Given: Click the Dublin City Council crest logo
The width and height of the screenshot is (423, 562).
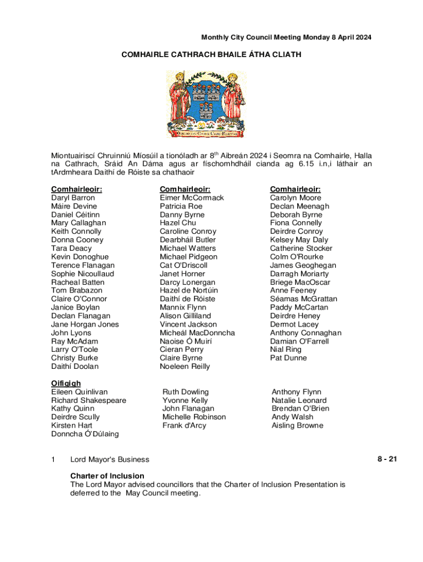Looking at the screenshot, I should (x=207, y=104).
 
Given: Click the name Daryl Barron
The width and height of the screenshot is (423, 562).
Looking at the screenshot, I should (x=73, y=198).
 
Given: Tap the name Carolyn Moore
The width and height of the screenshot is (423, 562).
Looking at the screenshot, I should (x=296, y=198).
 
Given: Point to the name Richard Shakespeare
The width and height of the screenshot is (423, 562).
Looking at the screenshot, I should (x=88, y=400).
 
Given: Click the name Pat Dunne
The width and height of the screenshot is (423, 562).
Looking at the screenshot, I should (x=288, y=358).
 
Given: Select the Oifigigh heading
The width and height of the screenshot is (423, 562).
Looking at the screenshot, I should (x=66, y=383).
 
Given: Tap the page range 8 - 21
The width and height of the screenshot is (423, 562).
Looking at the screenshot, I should (x=387, y=459).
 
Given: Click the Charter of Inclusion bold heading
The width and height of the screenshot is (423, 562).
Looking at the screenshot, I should (x=107, y=476).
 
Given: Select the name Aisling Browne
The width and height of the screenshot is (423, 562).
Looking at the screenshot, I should (x=297, y=425).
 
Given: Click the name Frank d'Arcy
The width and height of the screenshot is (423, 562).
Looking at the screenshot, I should (x=185, y=425).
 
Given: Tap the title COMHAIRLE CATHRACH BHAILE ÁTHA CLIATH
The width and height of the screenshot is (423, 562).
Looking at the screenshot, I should (x=211, y=55).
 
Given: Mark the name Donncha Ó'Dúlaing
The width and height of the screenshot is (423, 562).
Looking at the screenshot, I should (x=85, y=434).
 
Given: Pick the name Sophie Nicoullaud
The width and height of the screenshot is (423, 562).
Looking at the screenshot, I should (x=83, y=273).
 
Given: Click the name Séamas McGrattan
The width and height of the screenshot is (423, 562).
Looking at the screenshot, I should (x=303, y=299).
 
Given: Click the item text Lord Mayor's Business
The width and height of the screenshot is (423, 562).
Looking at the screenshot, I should (x=109, y=459).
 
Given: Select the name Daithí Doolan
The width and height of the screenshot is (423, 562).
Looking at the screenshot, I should (x=75, y=366).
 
